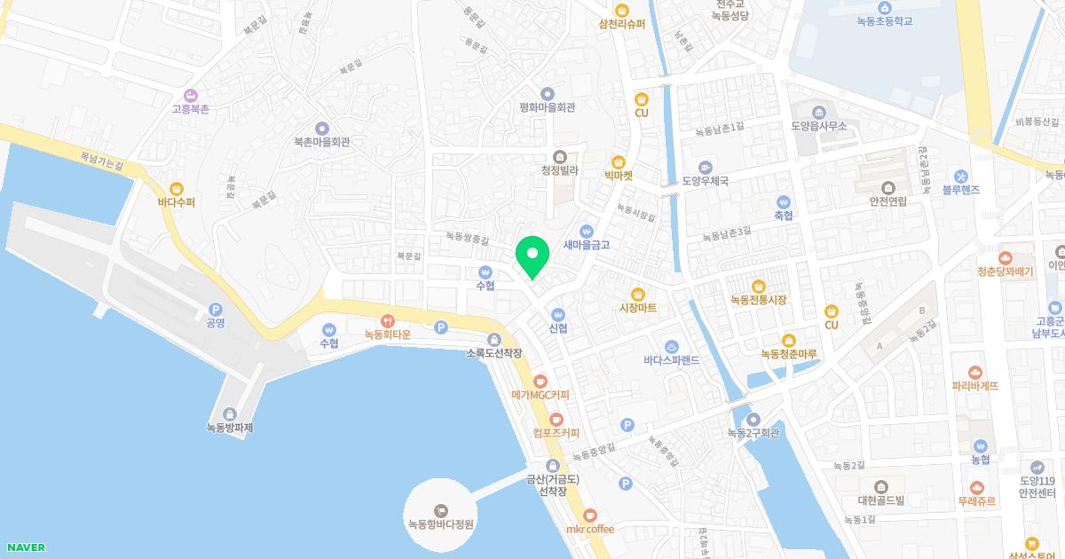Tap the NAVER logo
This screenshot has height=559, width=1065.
point(25,547)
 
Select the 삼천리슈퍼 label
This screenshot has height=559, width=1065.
point(621,24)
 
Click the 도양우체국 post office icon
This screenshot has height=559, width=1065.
point(705,167)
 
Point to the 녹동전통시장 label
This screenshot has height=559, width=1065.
point(758,300)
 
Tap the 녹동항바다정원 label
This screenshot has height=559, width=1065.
point(440,524)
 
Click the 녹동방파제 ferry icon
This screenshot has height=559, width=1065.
point(230,413)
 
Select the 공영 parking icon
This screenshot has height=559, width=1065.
point(215,307)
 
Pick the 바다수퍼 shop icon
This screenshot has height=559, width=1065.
point(176,188)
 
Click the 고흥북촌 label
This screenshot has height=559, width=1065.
point(190,109)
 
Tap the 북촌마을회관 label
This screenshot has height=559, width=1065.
point(321,142)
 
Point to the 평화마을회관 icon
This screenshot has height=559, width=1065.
point(547,93)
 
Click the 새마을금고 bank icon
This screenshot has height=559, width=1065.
point(587,230)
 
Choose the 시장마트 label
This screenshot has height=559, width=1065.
point(637,308)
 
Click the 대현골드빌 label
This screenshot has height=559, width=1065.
point(880,500)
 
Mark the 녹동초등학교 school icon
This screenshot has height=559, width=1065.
point(884,7)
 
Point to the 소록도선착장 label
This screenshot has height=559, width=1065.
point(494,353)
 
